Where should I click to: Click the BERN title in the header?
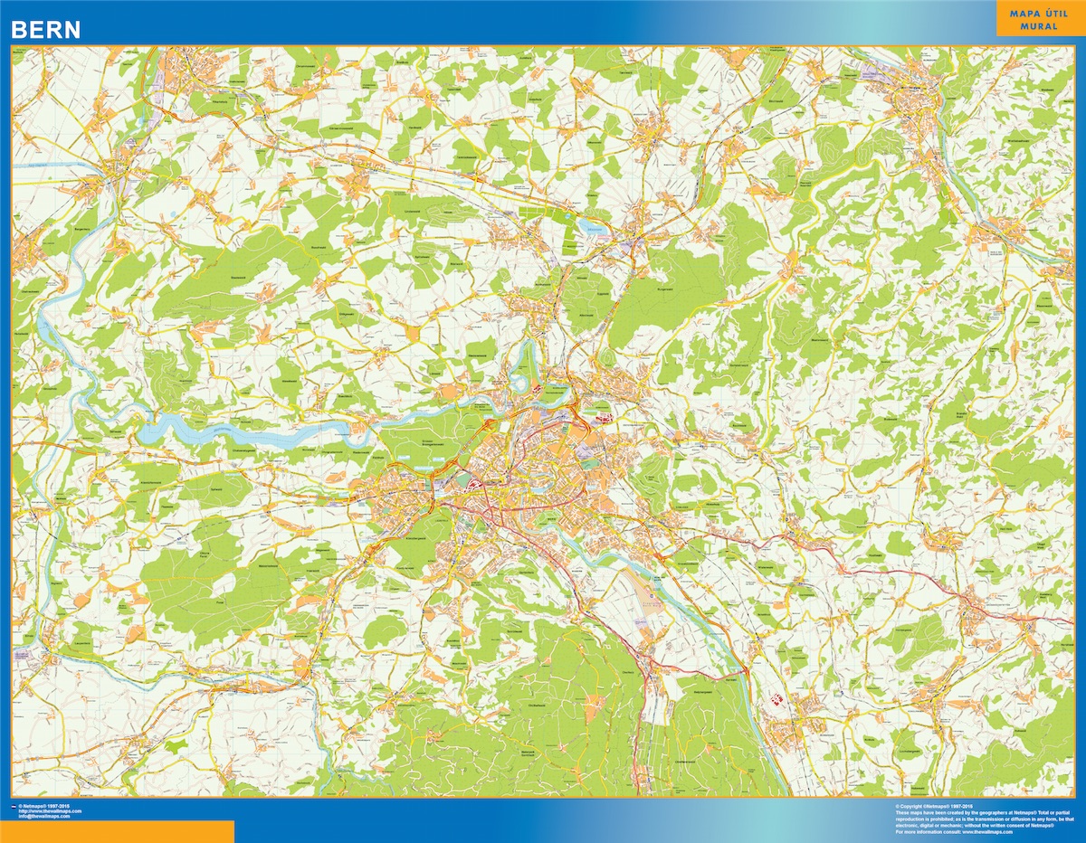(x=46, y=29)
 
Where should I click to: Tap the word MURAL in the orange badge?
(x=1038, y=26)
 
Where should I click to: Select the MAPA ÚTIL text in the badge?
(x=1038, y=14)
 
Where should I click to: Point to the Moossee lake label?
(x=594, y=228)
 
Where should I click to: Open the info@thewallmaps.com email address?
(x=49, y=817)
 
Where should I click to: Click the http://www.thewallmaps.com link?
(x=49, y=811)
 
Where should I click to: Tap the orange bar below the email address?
(x=118, y=831)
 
